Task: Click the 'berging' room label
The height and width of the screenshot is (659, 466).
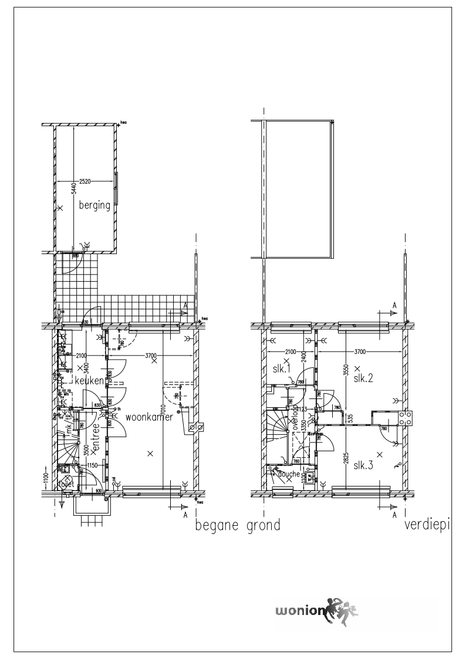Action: pyautogui.click(x=94, y=205)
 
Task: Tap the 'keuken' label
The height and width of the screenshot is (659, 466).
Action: pyautogui.click(x=89, y=381)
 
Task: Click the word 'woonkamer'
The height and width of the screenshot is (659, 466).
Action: pyautogui.click(x=149, y=417)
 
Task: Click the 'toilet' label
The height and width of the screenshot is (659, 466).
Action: pyautogui.click(x=66, y=485)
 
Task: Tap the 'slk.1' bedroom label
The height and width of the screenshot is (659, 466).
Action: pyautogui.click(x=282, y=369)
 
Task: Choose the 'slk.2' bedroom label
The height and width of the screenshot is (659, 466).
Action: pyautogui.click(x=363, y=378)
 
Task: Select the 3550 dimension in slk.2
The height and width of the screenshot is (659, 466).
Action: pyautogui.click(x=345, y=373)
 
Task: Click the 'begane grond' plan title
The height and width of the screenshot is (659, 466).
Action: pyautogui.click(x=237, y=525)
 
